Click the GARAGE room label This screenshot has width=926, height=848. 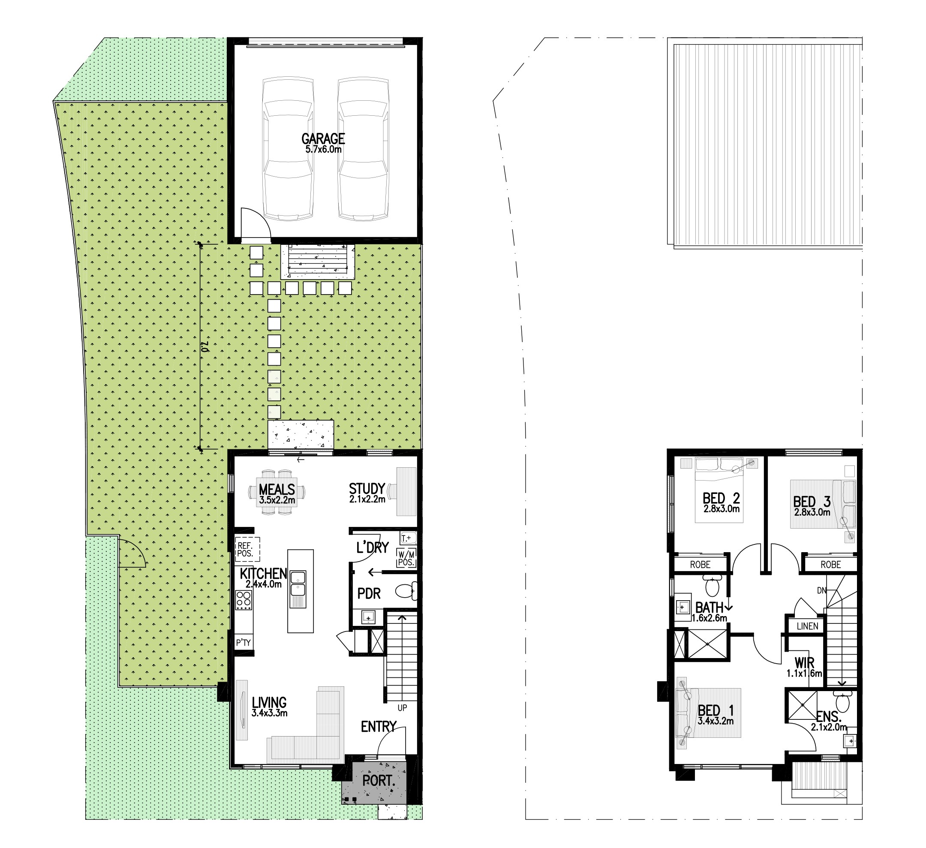point(323,138)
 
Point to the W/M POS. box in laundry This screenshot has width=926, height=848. point(406,557)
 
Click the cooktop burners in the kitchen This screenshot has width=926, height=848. point(244,600)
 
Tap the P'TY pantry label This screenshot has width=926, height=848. point(243,643)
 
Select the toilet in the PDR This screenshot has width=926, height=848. point(406,591)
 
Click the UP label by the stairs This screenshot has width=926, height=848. point(402,708)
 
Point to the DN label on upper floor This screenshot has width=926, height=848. point(822,590)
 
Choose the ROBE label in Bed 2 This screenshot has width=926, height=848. point(700,565)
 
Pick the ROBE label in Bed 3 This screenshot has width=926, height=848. point(830,565)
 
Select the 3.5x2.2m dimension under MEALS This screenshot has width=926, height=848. point(277,500)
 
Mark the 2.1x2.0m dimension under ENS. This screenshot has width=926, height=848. point(829,727)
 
